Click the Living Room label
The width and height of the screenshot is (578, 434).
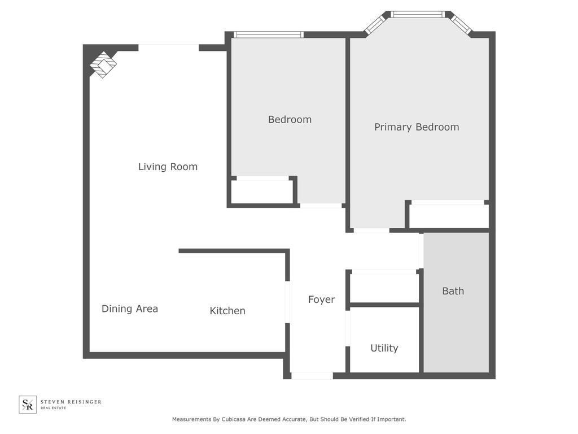(168, 167)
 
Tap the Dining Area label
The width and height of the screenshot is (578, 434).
(130, 309)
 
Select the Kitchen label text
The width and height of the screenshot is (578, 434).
(227, 311)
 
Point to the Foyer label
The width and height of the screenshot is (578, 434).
(321, 300)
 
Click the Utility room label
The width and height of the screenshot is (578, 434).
(384, 348)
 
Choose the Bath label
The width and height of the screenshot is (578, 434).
(453, 291)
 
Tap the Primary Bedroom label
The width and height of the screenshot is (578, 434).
(417, 127)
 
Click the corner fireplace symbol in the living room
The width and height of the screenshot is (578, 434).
(103, 64)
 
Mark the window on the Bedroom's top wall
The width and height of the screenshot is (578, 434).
(269, 34)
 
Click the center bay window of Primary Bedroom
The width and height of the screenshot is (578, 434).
(418, 14)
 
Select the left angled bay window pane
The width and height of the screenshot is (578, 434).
(375, 24)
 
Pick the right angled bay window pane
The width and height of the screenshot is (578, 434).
(461, 24)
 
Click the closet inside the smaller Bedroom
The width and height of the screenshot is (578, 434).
(262, 191)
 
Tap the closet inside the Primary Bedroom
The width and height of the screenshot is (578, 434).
(449, 215)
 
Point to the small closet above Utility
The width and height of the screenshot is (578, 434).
(384, 287)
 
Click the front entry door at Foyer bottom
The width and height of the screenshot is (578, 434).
(312, 376)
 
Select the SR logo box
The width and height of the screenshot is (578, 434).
(28, 404)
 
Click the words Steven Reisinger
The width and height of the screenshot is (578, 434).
(71, 402)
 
